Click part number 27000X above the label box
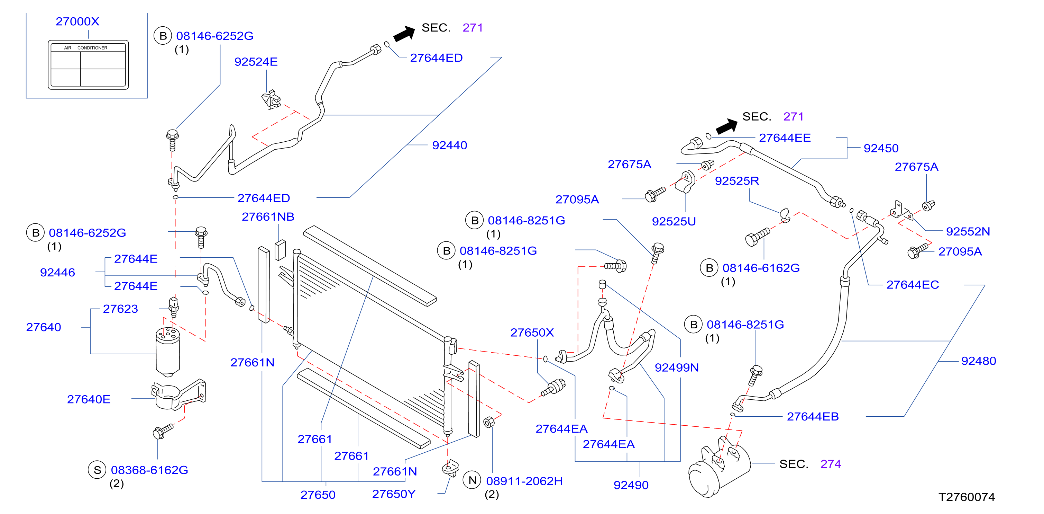[77, 21]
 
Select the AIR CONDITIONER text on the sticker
[85, 48]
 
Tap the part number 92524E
[256, 62]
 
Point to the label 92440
[449, 145]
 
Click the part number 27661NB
[268, 216]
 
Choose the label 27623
[120, 309]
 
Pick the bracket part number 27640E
[89, 399]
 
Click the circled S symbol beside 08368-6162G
[97, 470]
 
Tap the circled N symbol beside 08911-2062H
[472, 480]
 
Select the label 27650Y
[394, 494]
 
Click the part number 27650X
[532, 333]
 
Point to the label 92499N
[677, 367]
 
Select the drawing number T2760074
[967, 497]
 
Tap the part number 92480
[979, 361]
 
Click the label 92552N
[968, 231]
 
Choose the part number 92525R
[737, 180]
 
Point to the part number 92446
[57, 272]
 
